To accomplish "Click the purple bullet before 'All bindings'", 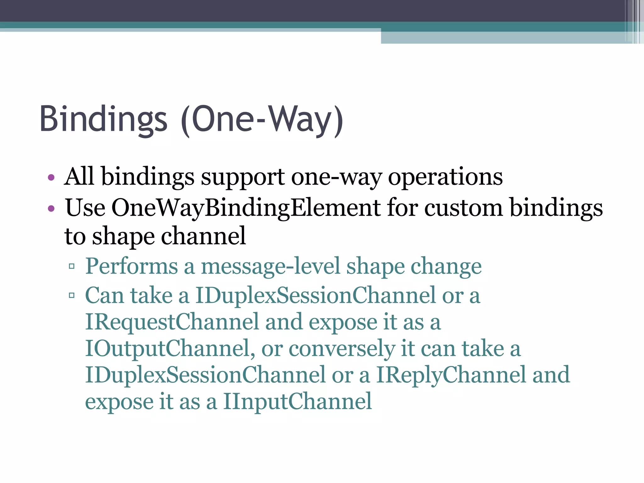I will pyautogui.click(x=51, y=178).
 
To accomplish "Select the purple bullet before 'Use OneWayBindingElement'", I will pyautogui.click(x=51, y=208).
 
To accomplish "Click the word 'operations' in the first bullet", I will pyautogui.click(x=445, y=177).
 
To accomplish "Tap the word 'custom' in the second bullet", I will pyautogui.click(x=464, y=208).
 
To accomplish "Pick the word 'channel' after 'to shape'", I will pyautogui.click(x=203, y=236).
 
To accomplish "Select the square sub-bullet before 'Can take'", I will pyautogui.click(x=72, y=296).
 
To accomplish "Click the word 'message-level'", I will pyautogui.click(x=270, y=266).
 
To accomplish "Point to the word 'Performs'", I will pyautogui.click(x=131, y=266).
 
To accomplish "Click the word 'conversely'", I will pyautogui.click(x=341, y=348).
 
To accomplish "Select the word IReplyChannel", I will pyautogui.click(x=451, y=375).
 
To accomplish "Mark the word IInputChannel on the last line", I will pyautogui.click(x=297, y=402).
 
